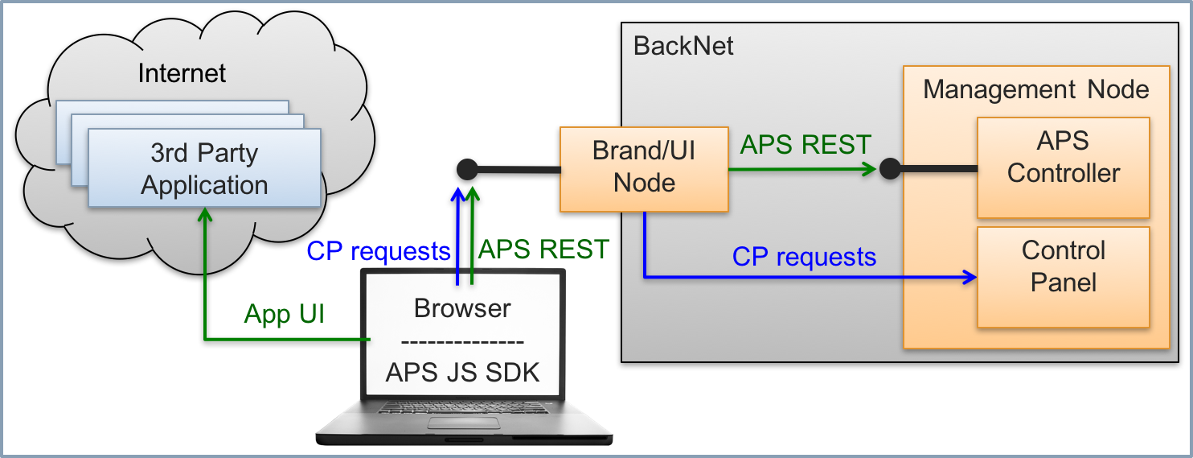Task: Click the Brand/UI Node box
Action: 644,167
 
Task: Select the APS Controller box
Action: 1063,167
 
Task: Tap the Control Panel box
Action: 1063,276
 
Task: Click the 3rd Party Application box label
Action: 204,169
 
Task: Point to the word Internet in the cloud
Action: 182,73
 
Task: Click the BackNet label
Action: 683,46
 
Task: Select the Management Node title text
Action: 1035,89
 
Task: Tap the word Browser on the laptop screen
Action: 462,308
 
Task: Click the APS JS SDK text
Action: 462,373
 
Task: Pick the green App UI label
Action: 284,314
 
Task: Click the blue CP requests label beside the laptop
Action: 378,251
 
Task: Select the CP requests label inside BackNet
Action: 804,257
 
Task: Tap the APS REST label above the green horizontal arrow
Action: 806,145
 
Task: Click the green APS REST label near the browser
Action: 543,250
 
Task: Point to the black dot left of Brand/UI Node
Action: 467,169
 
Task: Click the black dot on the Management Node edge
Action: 889,169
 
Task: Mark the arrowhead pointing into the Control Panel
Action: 970,279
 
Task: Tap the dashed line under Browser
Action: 462,340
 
